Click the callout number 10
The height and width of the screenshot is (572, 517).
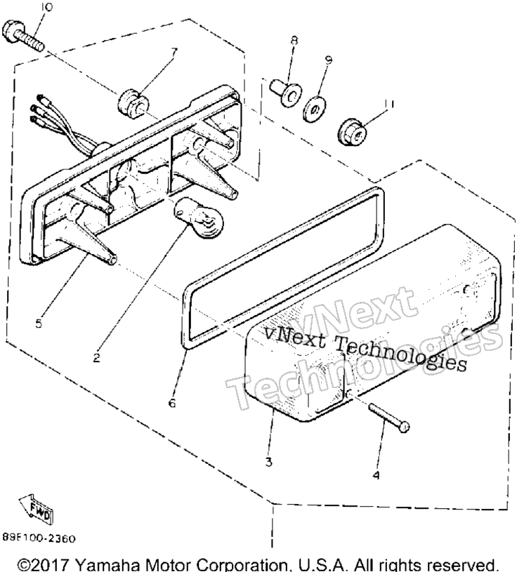[46, 7]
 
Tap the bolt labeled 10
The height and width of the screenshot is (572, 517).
[23, 36]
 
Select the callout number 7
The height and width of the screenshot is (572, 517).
[174, 53]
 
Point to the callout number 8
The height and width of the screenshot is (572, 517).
[294, 39]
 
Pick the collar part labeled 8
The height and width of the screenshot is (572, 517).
[285, 93]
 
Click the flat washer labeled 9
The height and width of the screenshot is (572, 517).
[315, 108]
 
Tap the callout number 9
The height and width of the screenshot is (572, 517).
[328, 60]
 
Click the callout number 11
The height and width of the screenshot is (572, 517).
[390, 105]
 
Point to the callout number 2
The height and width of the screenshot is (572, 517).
[96, 358]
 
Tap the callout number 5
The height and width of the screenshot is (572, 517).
[39, 324]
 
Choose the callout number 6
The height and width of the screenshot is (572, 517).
[172, 403]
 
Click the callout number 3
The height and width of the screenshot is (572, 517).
[268, 463]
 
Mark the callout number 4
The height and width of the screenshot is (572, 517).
[376, 475]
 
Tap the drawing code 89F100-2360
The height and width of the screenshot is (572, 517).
[39, 538]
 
